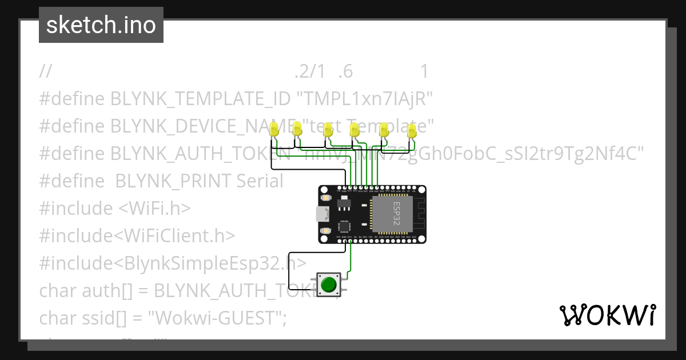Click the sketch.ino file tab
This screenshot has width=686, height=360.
coord(101,25)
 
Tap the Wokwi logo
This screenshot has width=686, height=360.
coord(607,315)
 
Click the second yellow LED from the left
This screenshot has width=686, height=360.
coord(297,129)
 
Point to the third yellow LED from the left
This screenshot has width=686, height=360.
coord(328,130)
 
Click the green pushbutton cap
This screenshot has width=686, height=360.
coord(328,284)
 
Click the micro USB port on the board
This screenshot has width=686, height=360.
coord(323,214)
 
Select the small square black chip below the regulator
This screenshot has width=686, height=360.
coord(345,226)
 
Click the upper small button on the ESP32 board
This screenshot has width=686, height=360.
coord(326,198)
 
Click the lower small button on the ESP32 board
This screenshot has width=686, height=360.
coord(326,231)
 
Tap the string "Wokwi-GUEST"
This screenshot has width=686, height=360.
coord(220,318)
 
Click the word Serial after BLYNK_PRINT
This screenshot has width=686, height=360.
coord(260,181)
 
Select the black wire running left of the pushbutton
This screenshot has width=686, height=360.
coord(289,271)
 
